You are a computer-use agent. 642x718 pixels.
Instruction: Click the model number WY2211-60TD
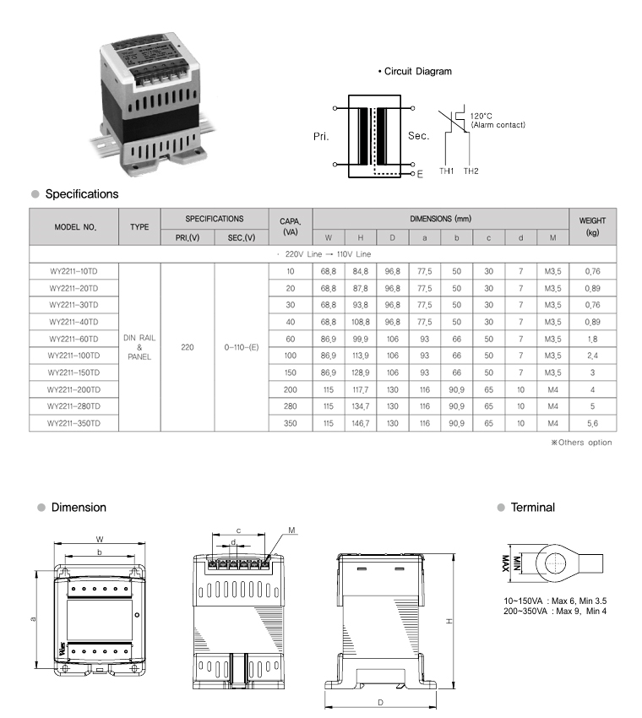[74, 339]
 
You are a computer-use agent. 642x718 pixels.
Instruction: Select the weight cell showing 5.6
[592, 422]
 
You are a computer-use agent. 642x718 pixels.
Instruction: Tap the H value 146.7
[361, 422]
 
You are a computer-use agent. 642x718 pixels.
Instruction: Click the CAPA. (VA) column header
[291, 226]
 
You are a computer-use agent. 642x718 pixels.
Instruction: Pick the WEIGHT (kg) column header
[592, 226]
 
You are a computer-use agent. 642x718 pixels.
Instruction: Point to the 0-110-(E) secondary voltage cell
[242, 347]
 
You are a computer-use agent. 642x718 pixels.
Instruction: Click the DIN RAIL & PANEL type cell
[139, 347]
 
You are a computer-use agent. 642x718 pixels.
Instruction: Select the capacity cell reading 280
[291, 406]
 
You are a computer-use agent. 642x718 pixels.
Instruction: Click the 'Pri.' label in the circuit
[321, 135]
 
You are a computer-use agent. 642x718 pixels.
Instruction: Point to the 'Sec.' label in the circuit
[418, 135]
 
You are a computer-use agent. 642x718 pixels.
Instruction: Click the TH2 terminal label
[471, 171]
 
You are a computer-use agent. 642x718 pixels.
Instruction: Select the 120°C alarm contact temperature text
[481, 116]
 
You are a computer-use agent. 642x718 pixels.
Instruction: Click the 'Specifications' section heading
[81, 194]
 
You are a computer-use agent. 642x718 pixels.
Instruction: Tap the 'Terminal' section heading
[533, 508]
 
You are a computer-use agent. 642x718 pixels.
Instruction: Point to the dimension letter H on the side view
[449, 621]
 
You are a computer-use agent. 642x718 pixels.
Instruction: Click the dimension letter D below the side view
[380, 702]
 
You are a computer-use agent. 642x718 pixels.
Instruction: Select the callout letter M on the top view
[291, 530]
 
